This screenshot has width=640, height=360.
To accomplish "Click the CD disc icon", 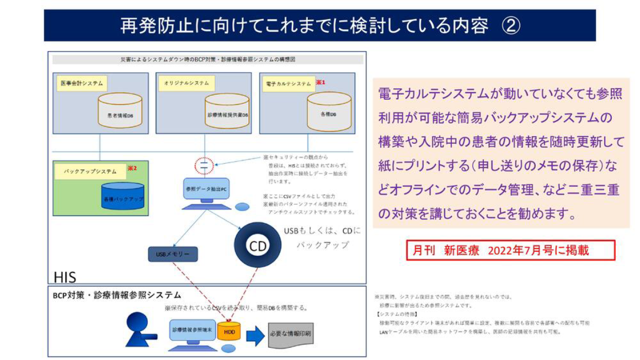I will click(x=258, y=246).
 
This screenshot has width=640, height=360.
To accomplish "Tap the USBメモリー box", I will click(x=173, y=254).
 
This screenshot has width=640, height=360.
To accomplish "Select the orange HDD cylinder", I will click(x=229, y=332).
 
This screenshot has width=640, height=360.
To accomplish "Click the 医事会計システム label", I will click(x=81, y=83).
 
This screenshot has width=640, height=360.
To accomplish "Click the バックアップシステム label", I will click(x=89, y=171).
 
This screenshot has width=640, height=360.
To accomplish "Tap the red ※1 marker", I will click(x=321, y=82).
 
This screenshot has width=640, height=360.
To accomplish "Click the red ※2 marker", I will click(x=132, y=168).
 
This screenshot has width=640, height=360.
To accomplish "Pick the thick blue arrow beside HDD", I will click(x=255, y=335).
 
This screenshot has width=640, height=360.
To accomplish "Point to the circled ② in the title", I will click(x=509, y=25).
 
